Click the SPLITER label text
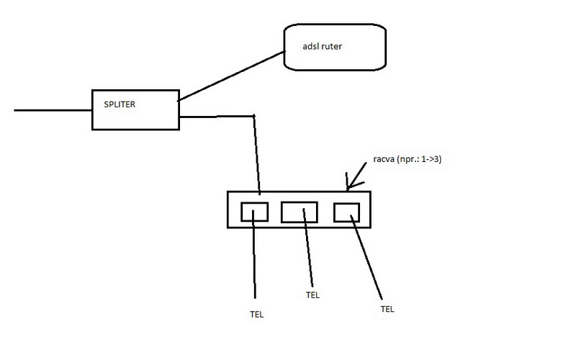point(120,104)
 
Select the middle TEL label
point(313,295)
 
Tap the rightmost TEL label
point(387,308)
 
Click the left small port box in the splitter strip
point(254,212)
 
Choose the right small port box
point(346,212)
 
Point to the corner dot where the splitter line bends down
point(253,115)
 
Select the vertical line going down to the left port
point(256,155)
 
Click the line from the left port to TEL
point(254,259)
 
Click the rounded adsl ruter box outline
point(285,47)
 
